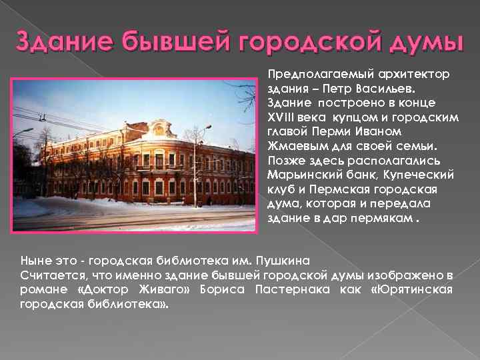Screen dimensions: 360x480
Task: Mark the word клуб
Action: click(283, 190)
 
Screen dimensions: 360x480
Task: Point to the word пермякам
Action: click(379, 219)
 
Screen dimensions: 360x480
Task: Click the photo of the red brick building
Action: click(134, 157)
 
